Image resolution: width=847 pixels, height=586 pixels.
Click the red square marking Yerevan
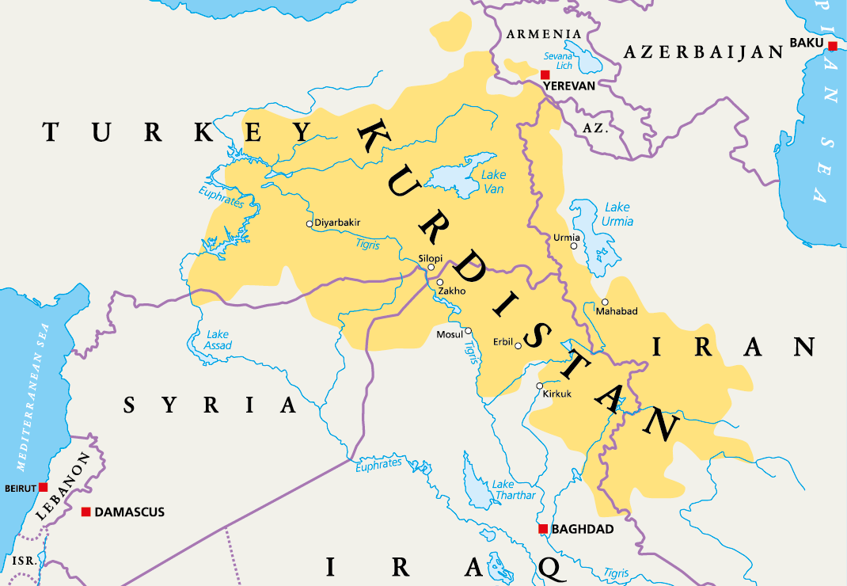click(x=545, y=74)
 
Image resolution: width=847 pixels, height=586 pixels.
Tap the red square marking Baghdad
click(x=542, y=529)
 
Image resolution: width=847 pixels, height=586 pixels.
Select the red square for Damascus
click(x=85, y=512)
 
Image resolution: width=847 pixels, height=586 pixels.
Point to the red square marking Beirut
click(x=44, y=487)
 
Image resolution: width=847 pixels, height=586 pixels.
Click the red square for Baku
click(x=833, y=46)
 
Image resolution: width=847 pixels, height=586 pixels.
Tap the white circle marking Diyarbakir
click(x=310, y=223)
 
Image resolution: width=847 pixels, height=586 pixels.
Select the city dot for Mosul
click(x=468, y=332)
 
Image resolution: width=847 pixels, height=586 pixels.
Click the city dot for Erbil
click(x=518, y=345)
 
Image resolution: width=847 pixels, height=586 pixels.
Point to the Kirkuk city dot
click(x=539, y=386)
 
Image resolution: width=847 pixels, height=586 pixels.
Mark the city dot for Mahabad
click(x=605, y=302)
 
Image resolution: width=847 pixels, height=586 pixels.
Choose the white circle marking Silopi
click(x=431, y=267)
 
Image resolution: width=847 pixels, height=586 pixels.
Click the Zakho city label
click(x=451, y=291)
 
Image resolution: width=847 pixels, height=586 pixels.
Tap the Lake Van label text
click(x=493, y=182)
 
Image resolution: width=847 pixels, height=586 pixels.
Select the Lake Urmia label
click(x=617, y=214)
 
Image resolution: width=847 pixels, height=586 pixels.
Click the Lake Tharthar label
click(x=514, y=489)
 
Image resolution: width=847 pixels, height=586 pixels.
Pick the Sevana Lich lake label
click(x=558, y=61)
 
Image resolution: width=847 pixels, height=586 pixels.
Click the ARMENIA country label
click(x=544, y=34)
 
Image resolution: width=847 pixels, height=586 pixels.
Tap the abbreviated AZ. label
click(x=594, y=127)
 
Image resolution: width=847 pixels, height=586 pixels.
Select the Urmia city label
click(x=566, y=237)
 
